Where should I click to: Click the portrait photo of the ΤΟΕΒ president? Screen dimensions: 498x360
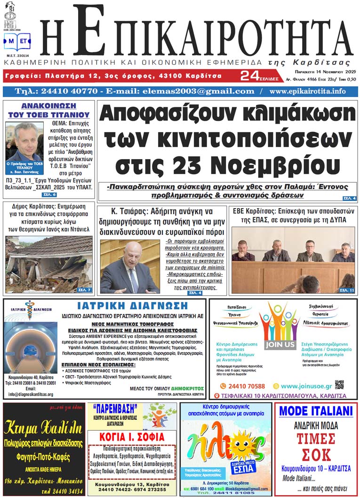24,141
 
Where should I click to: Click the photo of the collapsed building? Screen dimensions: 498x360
49,264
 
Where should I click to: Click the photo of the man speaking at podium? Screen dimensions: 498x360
130,267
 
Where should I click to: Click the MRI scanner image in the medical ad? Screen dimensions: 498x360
31,346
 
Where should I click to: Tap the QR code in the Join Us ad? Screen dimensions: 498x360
339,385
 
